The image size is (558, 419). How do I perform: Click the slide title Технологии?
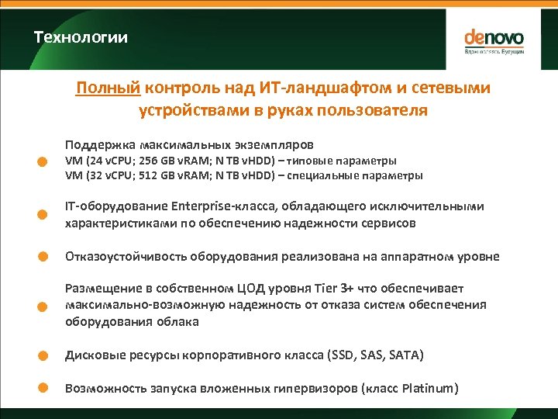(x=81, y=37)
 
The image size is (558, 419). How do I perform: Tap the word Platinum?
(x=425, y=389)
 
